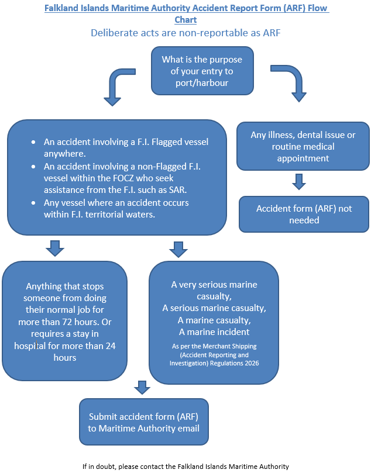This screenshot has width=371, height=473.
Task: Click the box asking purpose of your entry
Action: click(202, 71)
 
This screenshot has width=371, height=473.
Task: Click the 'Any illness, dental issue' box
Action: click(303, 146)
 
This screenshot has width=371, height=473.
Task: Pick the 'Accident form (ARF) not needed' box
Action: click(304, 214)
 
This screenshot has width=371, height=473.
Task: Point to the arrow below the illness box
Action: click(299, 182)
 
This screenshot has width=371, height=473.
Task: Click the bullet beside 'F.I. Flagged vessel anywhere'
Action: click(33, 142)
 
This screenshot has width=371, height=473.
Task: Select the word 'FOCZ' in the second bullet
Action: click(123, 178)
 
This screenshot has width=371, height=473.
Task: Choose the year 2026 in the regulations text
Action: click(252, 363)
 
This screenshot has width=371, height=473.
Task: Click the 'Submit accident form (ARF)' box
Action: click(144, 422)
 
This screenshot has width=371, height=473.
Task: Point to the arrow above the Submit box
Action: click(142, 388)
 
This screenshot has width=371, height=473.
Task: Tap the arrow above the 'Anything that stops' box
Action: click(55, 248)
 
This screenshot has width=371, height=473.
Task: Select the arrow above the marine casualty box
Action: click(178, 250)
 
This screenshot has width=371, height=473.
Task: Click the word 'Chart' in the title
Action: click(185, 20)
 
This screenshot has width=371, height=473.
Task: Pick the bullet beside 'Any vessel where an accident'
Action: click(33, 203)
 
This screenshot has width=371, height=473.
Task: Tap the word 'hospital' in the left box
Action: click(30, 346)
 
